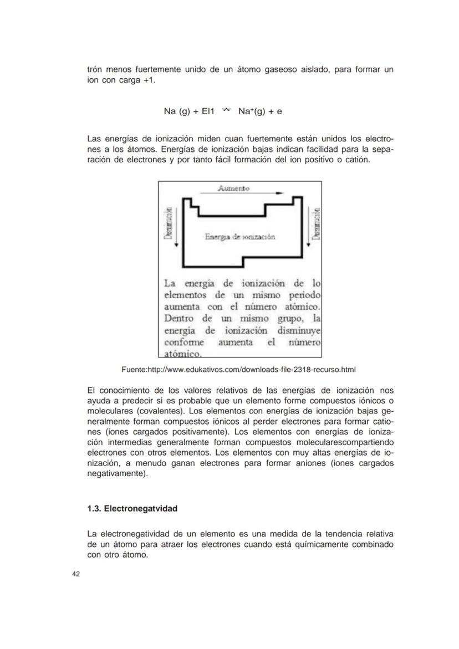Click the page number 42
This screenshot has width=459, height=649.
tap(76, 574)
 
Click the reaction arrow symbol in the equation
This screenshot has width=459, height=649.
tap(226, 111)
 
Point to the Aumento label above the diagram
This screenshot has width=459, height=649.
tap(233, 188)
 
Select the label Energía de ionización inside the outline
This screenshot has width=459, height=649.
tap(239, 237)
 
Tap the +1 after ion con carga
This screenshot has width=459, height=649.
tap(147, 80)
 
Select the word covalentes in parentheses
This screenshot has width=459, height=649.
tap(162, 411)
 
